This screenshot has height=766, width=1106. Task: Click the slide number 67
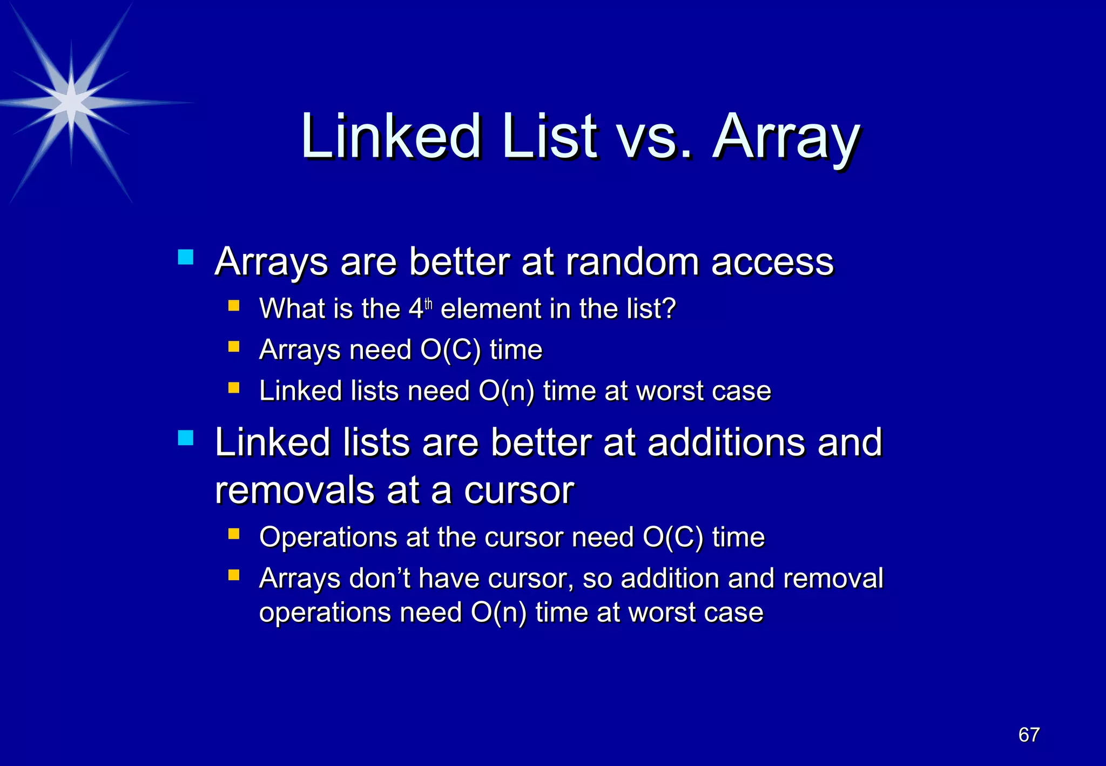coord(1029,735)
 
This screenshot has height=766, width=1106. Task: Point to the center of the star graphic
coord(71,101)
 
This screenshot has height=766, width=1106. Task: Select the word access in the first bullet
coord(772,262)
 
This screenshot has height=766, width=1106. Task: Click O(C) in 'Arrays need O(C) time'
coord(450,350)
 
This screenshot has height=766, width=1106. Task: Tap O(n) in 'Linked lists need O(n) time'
coord(506,391)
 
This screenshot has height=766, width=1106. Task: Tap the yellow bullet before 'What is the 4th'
coord(234,306)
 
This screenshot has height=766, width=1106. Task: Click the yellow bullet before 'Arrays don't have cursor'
coord(234,575)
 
